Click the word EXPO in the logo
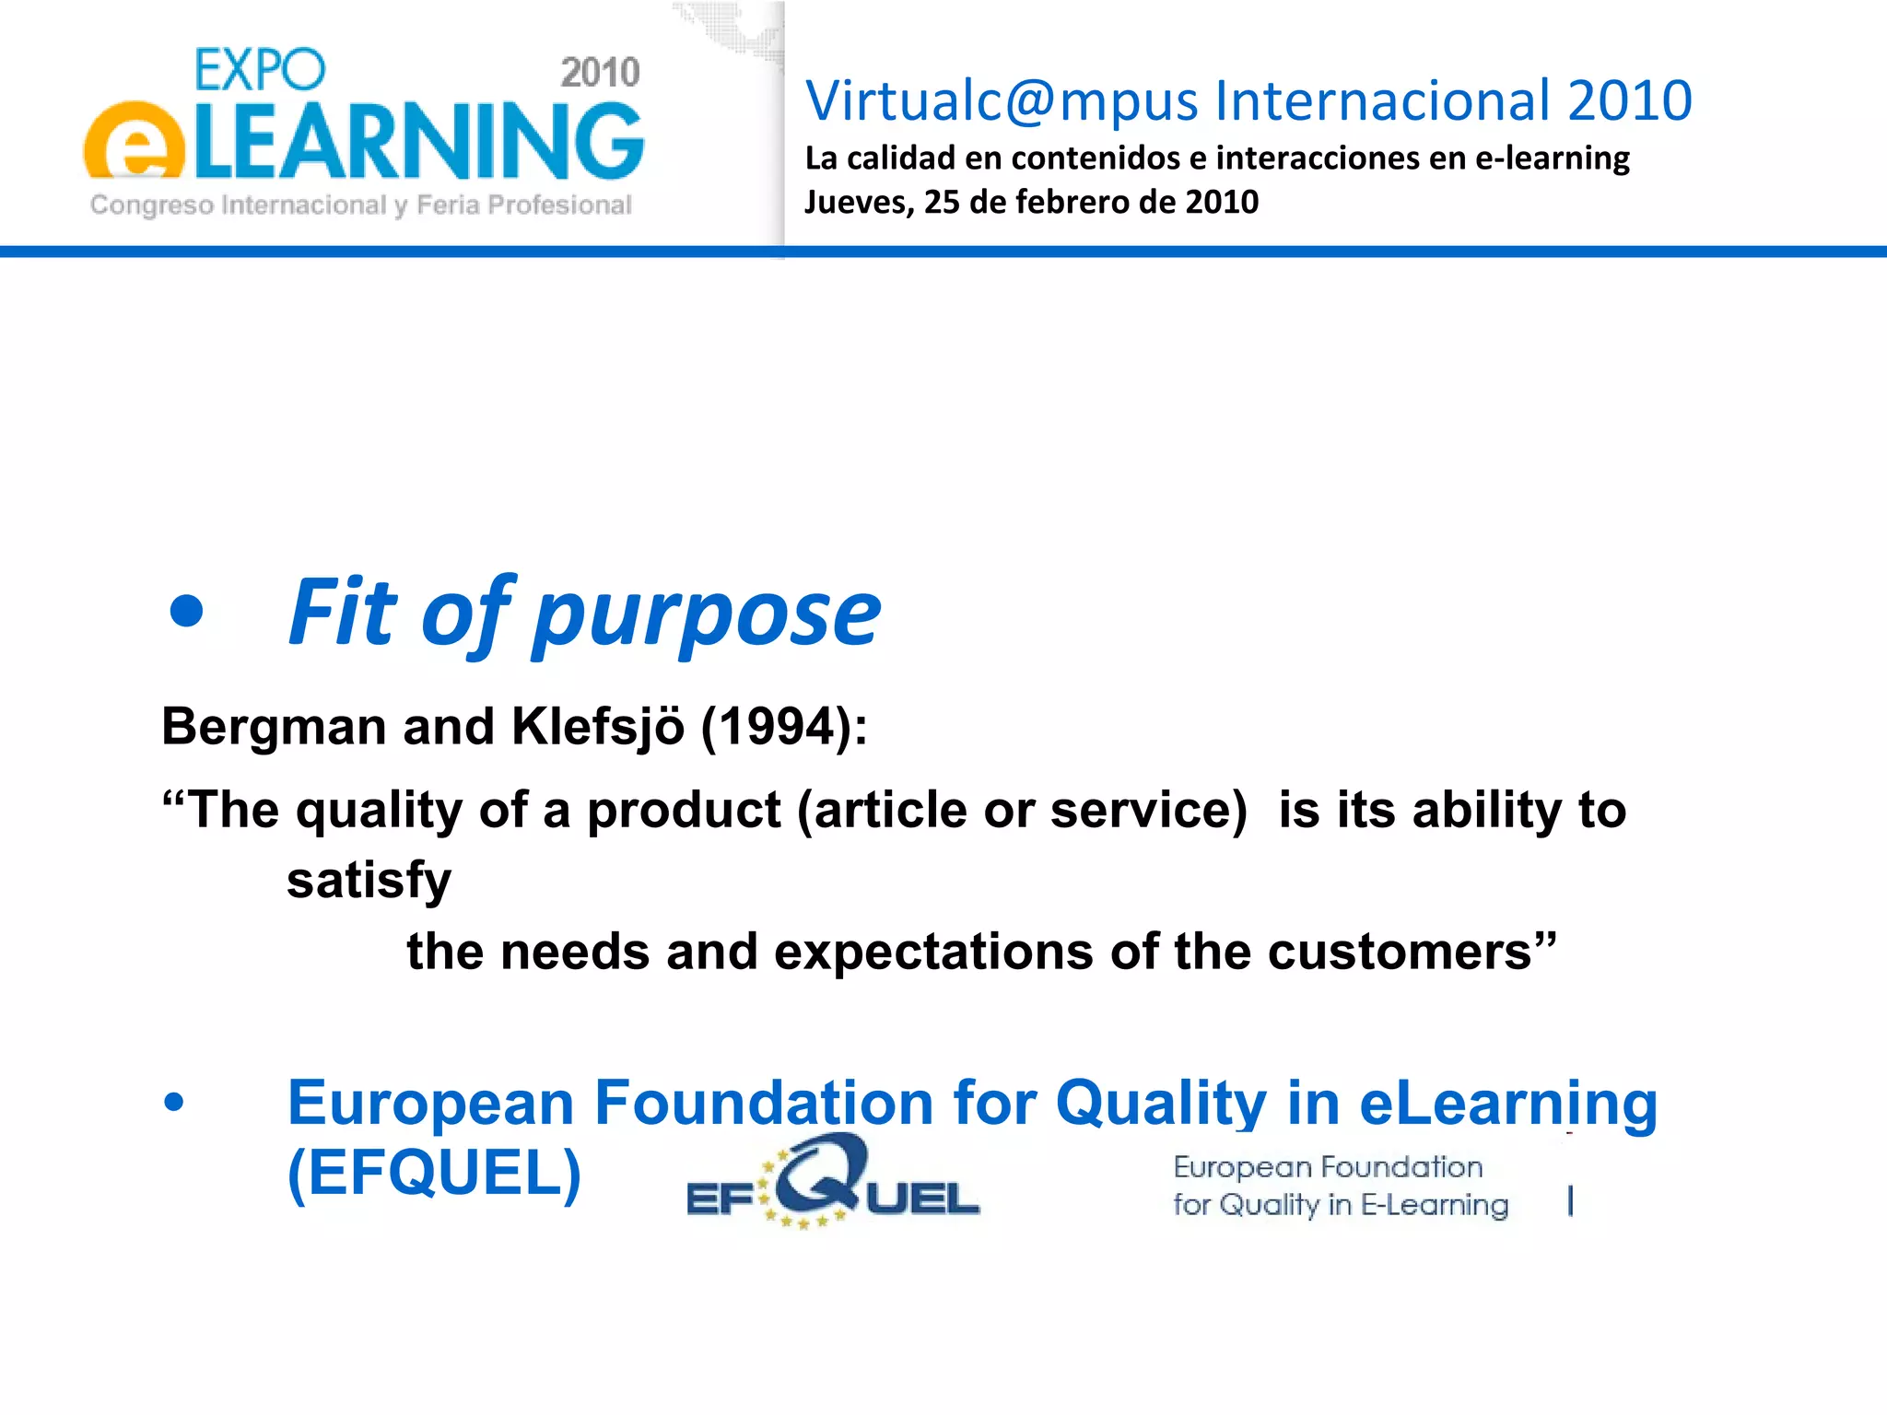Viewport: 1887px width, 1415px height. [260, 70]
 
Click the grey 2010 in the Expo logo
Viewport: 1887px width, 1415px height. [600, 73]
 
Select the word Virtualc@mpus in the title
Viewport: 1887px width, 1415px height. [1002, 100]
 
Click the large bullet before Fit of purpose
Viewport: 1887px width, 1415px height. [187, 611]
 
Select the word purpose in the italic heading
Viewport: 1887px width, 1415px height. [707, 614]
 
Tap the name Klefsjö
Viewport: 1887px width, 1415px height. [598, 727]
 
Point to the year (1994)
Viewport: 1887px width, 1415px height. [783, 727]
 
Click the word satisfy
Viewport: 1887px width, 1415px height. [369, 881]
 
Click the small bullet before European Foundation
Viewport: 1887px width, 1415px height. [173, 1102]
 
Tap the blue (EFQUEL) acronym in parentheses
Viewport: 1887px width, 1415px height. [435, 1173]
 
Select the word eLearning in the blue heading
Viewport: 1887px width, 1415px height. [1508, 1103]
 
